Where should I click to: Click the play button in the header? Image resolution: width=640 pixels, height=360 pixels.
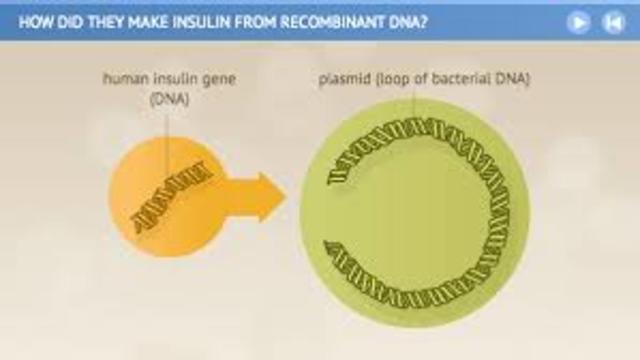coord(579,22)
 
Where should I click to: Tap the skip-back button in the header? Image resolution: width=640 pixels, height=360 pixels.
coord(613,22)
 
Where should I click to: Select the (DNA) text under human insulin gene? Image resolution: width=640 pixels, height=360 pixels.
coord(169,99)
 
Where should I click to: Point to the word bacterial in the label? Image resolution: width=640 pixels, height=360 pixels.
coord(464,79)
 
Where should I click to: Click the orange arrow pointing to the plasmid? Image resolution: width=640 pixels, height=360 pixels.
coord(258,197)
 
